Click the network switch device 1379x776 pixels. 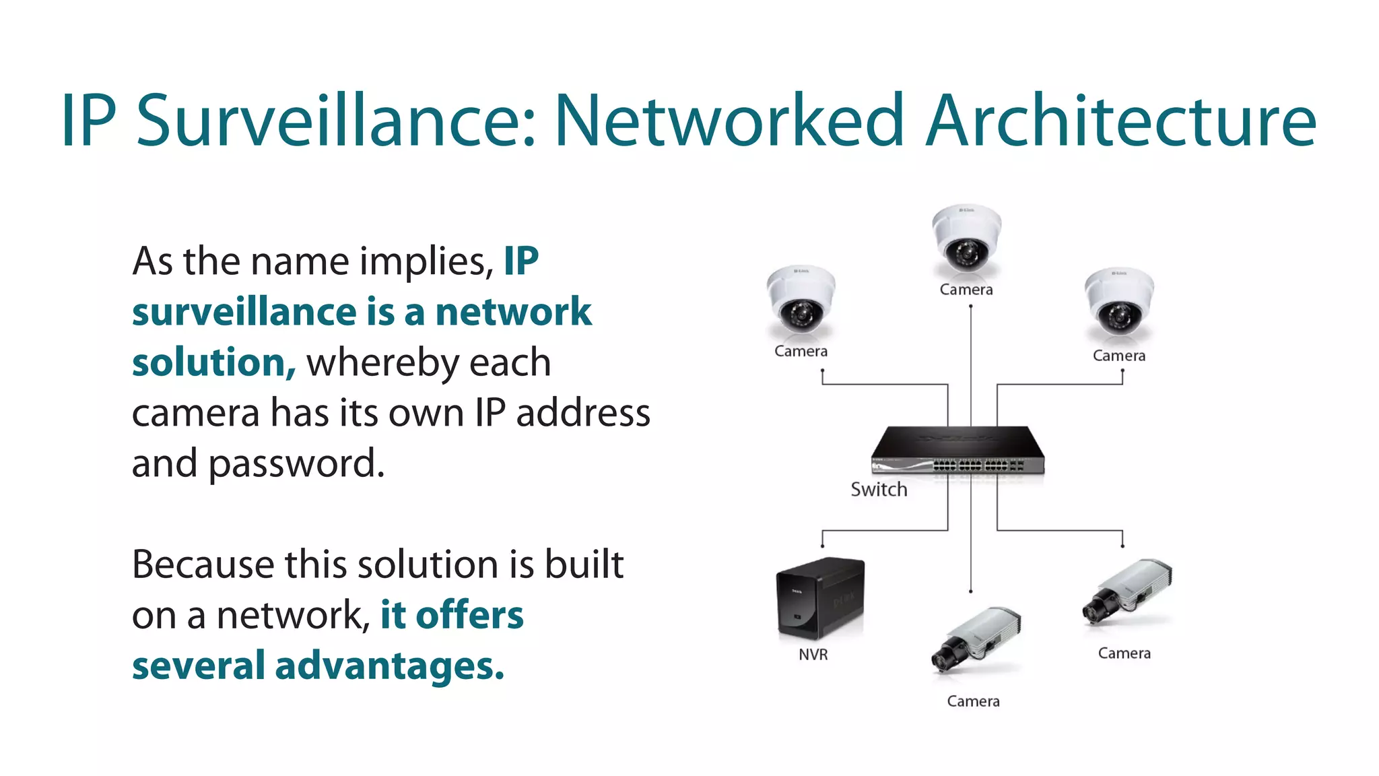957,450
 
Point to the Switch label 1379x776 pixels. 879,489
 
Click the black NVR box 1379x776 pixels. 819,598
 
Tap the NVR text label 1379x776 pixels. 813,654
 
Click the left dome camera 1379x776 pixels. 801,300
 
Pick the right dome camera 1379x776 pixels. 1118,302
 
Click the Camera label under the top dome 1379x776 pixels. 966,290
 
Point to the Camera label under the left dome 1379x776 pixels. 801,351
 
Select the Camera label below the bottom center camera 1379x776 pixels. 973,701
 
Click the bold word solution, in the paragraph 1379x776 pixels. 213,362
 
